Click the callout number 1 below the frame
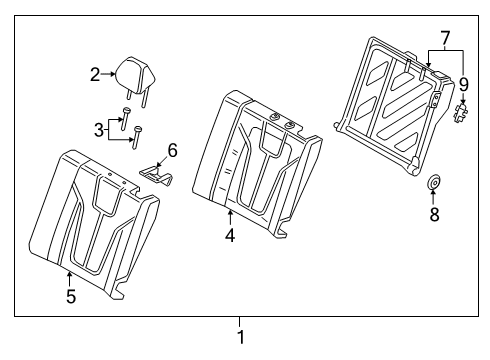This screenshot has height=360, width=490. pyautogui.click(x=240, y=337)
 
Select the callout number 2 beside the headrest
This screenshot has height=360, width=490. pyautogui.click(x=96, y=73)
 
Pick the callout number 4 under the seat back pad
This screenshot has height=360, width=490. pyautogui.click(x=229, y=238)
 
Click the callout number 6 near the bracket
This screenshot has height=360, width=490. pyautogui.click(x=172, y=150)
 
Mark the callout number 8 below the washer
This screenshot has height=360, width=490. pyautogui.click(x=435, y=214)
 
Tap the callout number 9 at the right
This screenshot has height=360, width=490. pyautogui.click(x=463, y=86)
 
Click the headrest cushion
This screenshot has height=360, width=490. pyautogui.click(x=132, y=69)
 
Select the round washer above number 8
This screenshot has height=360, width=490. pyautogui.click(x=435, y=183)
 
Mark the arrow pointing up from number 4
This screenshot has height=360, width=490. pyautogui.click(x=229, y=220)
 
